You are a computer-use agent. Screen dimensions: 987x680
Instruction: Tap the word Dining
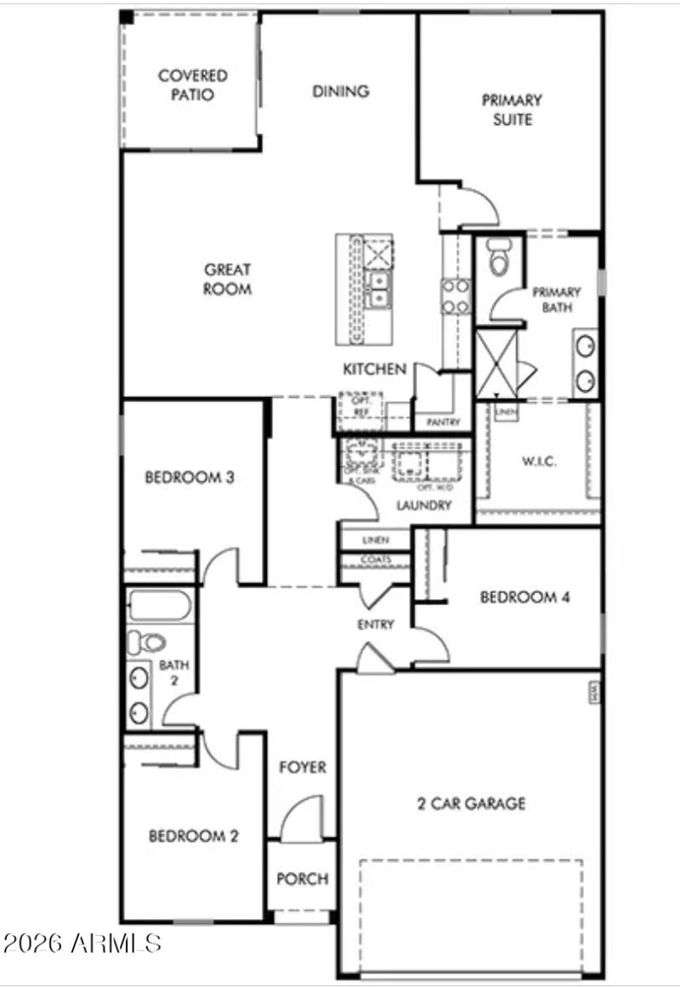340,91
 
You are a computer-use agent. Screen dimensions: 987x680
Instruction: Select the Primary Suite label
512,110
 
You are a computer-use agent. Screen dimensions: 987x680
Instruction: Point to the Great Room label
227,279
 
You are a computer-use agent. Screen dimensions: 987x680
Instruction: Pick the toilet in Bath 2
146,642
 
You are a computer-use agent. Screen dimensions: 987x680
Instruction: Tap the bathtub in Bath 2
160,606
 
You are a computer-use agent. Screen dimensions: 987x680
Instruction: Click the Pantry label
443,423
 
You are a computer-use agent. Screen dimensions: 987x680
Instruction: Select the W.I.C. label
537,462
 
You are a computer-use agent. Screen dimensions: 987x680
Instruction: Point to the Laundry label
423,506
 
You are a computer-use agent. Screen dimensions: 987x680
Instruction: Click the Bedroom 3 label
190,477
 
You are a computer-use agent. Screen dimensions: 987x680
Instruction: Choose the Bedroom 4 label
524,597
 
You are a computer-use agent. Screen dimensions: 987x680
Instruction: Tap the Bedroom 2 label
193,836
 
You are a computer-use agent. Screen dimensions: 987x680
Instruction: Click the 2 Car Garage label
471,803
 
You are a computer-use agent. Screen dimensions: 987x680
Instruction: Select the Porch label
302,878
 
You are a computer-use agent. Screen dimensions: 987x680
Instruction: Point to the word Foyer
303,768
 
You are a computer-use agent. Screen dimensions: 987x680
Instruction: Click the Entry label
375,625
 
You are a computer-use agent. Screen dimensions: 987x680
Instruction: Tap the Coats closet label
375,560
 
